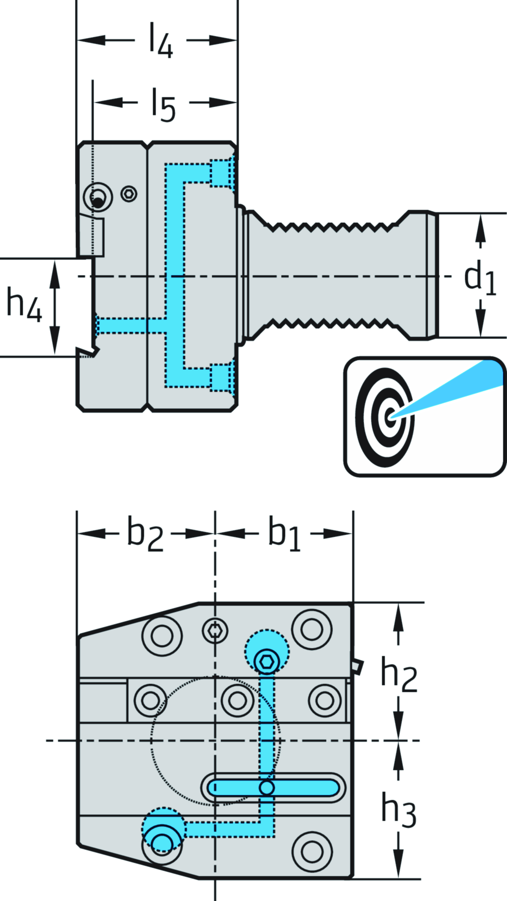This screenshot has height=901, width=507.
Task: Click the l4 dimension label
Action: (x=161, y=45)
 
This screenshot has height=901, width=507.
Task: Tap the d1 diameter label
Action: (x=479, y=278)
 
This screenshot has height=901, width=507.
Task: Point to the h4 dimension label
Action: (x=23, y=304)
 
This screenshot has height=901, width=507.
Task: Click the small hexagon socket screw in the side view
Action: (x=129, y=194)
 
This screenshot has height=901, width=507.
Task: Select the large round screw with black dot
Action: (x=98, y=198)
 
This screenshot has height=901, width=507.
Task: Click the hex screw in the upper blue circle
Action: (x=267, y=661)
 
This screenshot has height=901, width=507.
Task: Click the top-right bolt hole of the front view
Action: (x=312, y=629)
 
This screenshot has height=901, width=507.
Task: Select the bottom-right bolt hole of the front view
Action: (x=312, y=852)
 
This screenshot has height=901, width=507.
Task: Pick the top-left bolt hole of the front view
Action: (x=162, y=635)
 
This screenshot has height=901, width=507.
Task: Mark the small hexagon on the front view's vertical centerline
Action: (x=215, y=630)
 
